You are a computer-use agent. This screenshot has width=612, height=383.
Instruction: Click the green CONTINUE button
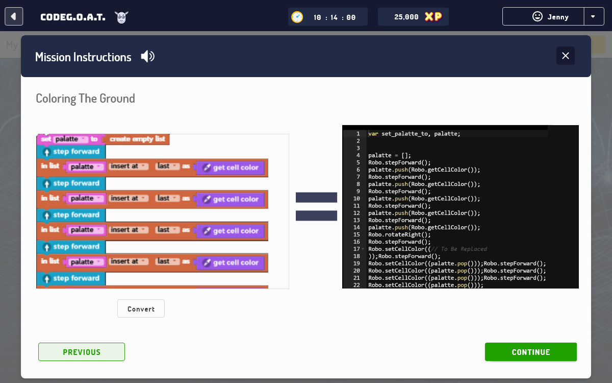point(530,352)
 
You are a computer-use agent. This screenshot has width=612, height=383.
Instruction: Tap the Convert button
point(141,308)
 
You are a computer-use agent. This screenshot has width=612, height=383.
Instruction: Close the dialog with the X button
point(565,56)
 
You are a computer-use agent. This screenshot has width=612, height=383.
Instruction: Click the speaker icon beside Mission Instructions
point(147,57)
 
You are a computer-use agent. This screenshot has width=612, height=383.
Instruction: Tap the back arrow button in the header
point(14,16)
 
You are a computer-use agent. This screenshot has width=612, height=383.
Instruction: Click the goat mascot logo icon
point(121,17)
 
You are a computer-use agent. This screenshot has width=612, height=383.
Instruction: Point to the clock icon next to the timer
point(297,17)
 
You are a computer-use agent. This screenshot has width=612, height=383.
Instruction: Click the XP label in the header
point(433,17)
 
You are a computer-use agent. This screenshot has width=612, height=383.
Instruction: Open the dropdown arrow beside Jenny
point(593,17)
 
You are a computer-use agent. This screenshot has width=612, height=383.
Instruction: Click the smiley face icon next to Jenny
point(537,16)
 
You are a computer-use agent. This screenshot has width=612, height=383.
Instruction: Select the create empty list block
point(137,139)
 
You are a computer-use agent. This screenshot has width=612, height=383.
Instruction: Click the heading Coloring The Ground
point(85,99)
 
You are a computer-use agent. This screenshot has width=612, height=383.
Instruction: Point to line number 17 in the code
point(356,249)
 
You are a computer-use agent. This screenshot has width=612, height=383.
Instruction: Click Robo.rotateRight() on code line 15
point(399,234)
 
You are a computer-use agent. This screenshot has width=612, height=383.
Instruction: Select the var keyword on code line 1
point(373,134)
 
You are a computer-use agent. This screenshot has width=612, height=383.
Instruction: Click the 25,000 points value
point(406,17)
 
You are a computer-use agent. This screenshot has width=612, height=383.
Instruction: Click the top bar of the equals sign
point(316,198)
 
